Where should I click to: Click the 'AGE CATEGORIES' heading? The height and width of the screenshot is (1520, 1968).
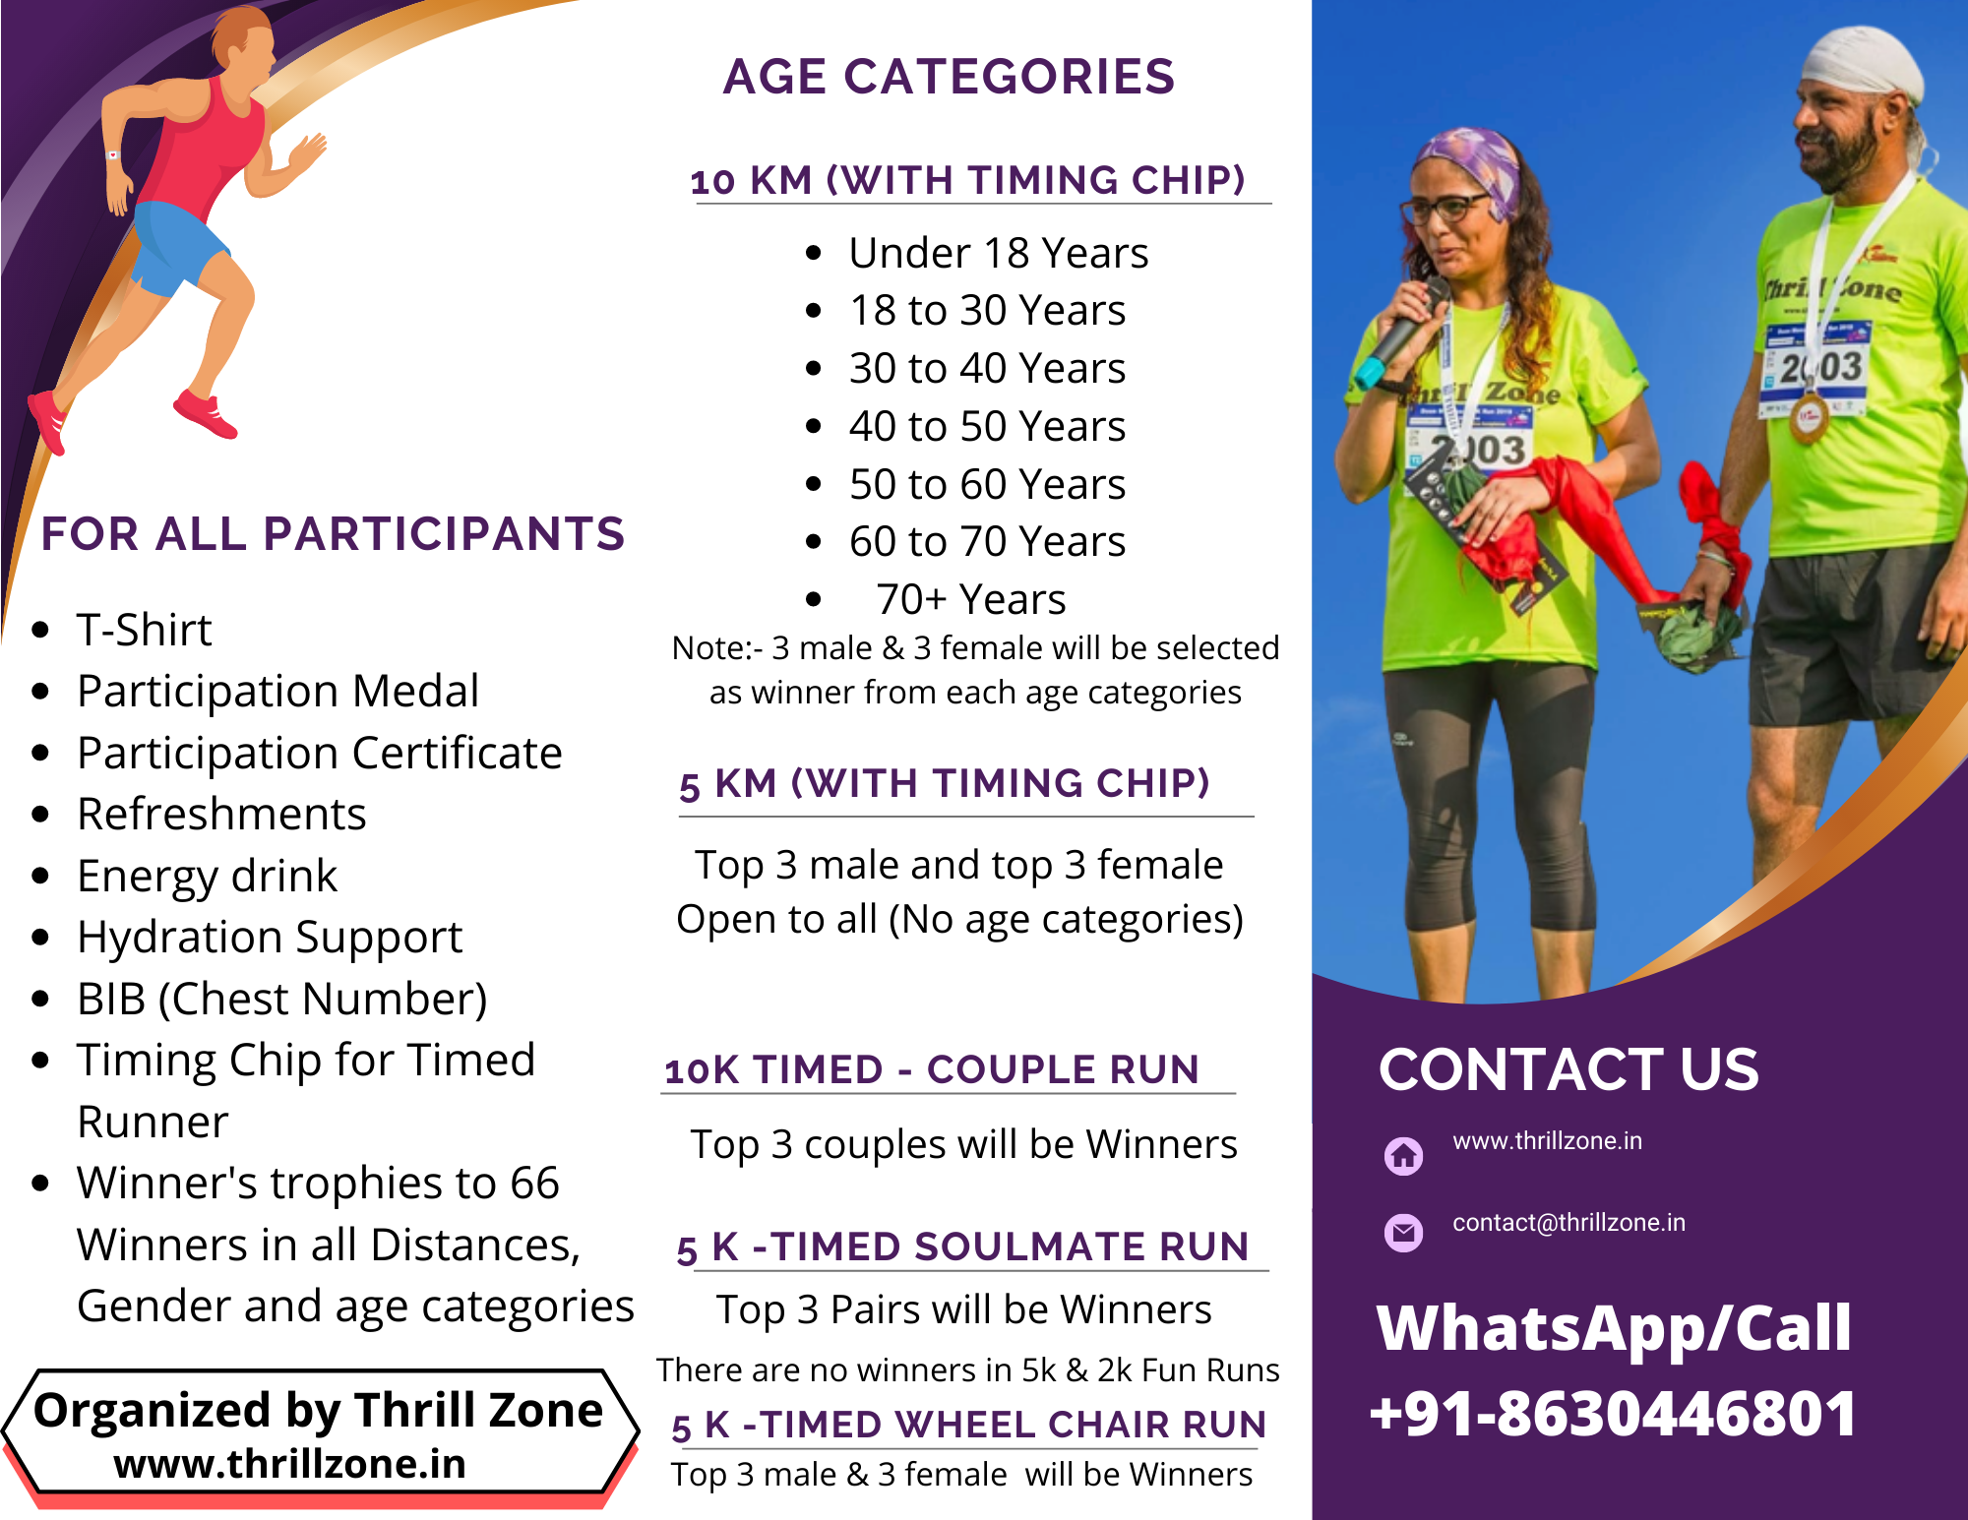click(x=949, y=77)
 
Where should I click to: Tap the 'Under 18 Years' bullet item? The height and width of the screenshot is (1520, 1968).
click(x=998, y=253)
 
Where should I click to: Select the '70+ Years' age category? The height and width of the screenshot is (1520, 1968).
click(x=970, y=599)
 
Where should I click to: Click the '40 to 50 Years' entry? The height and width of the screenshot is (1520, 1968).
click(x=987, y=426)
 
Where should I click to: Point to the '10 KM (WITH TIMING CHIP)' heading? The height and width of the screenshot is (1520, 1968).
click(x=968, y=180)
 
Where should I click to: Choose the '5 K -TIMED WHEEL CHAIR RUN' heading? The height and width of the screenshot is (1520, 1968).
click(x=969, y=1426)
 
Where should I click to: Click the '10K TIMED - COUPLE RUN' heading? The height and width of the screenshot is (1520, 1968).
click(x=932, y=1069)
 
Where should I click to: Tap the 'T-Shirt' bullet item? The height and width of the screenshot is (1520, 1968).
click(x=144, y=630)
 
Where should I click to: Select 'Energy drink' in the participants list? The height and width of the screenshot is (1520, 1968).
click(x=207, y=876)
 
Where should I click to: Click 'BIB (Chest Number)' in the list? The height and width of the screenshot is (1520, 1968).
click(x=282, y=999)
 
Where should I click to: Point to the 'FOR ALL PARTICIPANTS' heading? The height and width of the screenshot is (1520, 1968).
click(x=333, y=533)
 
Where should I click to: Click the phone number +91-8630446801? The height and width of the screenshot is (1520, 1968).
click(x=1613, y=1413)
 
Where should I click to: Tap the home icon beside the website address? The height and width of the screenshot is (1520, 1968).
click(x=1403, y=1156)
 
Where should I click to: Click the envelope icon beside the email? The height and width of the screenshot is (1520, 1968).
click(x=1403, y=1232)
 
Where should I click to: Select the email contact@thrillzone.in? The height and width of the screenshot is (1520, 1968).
click(x=1568, y=1222)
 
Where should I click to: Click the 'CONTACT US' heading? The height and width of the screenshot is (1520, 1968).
click(x=1568, y=1069)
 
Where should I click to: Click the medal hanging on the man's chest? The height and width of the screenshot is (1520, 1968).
click(x=1809, y=417)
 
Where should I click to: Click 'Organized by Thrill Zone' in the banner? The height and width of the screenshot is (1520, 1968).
click(x=318, y=1410)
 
